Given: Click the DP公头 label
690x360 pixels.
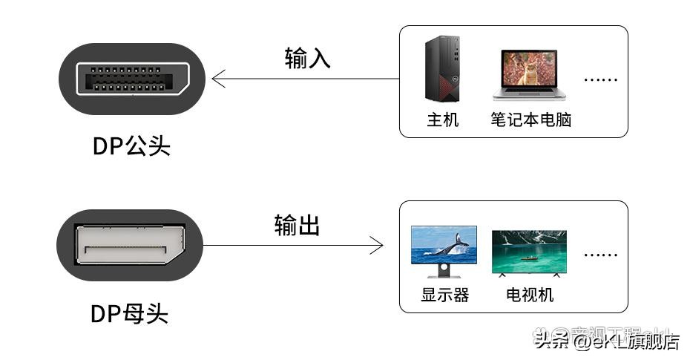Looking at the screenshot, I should coord(131,145).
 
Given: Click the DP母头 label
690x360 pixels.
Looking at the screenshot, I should coord(130,314).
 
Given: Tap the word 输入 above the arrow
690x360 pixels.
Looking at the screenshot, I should coord(307,59).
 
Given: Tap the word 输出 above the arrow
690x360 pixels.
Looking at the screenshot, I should coord(297,225).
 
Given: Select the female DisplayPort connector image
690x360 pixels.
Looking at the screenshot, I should coord(130,245).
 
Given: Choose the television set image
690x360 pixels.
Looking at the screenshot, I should coord(529,252).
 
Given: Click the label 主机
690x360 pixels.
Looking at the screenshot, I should coord(443,120).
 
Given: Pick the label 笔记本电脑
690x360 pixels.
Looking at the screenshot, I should coord(530,120).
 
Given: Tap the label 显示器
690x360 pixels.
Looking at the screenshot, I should coord(445,295).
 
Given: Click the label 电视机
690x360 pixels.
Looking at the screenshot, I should coord(530,295).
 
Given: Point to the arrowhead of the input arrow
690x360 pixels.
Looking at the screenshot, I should coord(217,79).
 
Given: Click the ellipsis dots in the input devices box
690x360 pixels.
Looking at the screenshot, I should coord(600,79).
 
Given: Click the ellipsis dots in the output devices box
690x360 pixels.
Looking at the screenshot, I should coord(600,255).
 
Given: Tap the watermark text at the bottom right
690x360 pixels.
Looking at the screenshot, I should coord(606,341).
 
